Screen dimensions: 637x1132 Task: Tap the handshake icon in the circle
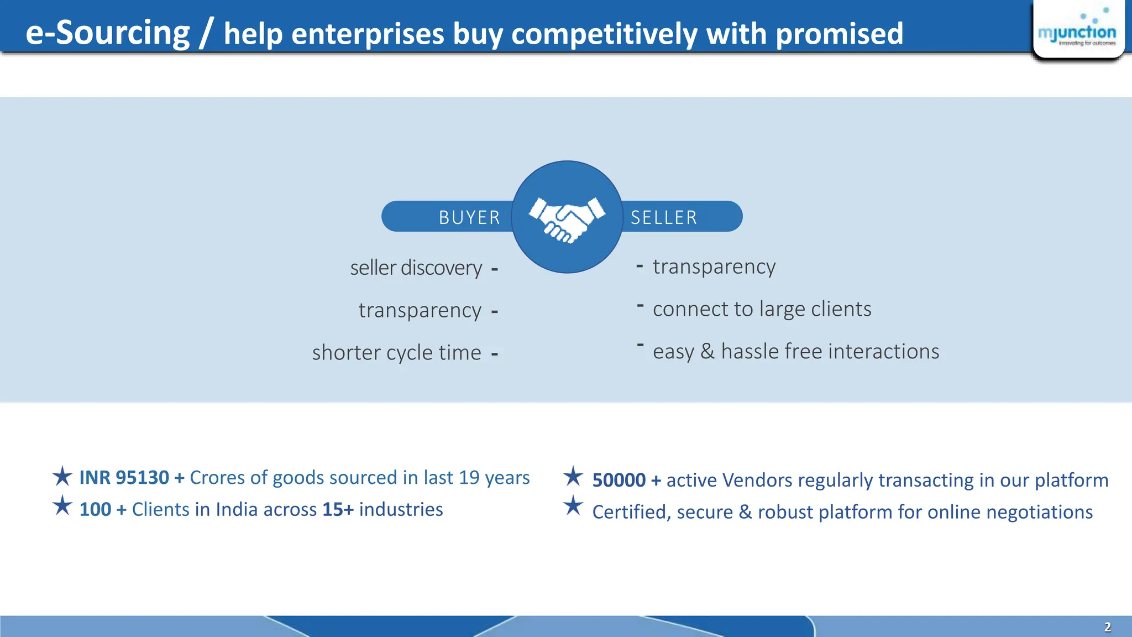(x=567, y=219)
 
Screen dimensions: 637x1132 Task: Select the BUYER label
(x=469, y=217)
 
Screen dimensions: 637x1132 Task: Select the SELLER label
(x=664, y=217)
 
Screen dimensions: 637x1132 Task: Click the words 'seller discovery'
(x=416, y=268)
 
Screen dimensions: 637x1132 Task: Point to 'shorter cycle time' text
(x=396, y=353)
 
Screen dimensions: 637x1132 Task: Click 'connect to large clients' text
(x=762, y=309)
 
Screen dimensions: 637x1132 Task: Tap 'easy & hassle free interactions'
(x=795, y=352)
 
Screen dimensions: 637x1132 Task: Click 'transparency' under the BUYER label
(x=420, y=311)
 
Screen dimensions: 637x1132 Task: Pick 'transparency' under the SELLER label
(x=714, y=267)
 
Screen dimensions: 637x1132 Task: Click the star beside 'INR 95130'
(x=62, y=476)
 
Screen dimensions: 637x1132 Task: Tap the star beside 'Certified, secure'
(x=573, y=506)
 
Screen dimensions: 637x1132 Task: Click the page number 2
(x=1108, y=627)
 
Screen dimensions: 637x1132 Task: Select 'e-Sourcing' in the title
(x=108, y=33)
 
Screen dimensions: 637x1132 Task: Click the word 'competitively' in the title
(x=604, y=34)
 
